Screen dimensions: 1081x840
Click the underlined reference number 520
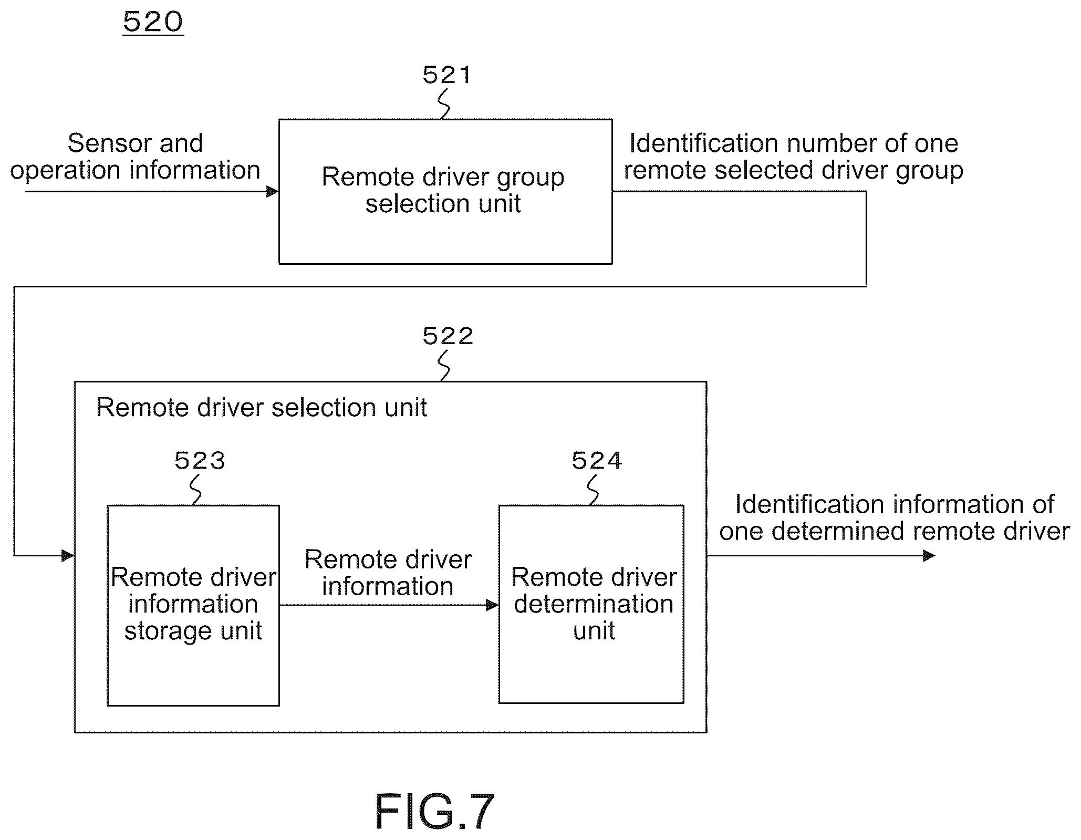pos(153,23)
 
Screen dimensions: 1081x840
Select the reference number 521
pos(447,75)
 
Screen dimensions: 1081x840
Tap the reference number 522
pos(448,336)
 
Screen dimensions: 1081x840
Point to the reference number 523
pos(200,461)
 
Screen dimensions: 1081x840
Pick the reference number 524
pos(597,461)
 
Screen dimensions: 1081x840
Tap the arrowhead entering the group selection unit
pos(273,192)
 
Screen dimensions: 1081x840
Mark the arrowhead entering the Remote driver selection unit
pos(68,555)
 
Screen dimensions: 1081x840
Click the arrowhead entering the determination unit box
pos(493,605)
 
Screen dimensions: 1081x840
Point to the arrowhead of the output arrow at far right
pos(929,555)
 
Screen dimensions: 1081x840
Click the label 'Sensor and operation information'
pos(136,157)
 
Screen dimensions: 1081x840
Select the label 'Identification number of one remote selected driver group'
pos(794,157)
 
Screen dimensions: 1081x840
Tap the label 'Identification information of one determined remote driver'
pos(895,517)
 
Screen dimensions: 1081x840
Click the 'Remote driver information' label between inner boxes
pos(388,573)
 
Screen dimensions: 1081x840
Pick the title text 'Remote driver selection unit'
pos(262,408)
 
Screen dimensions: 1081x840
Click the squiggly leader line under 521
pos(444,103)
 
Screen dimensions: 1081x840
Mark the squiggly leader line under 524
pos(593,490)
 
